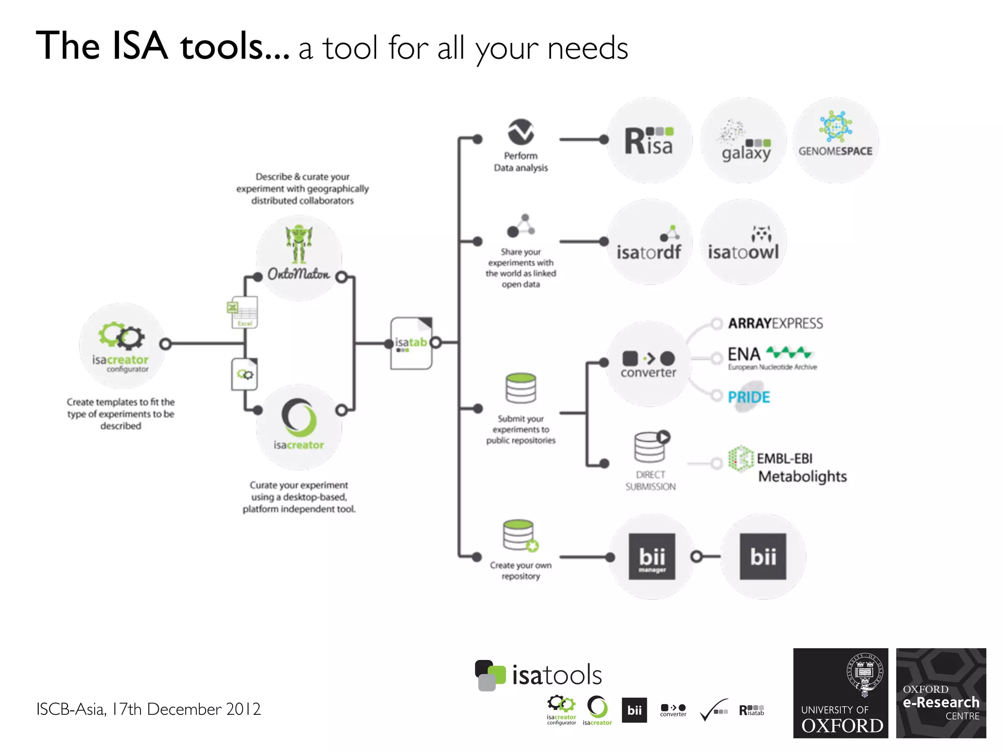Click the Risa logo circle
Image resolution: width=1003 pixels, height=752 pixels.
click(x=649, y=141)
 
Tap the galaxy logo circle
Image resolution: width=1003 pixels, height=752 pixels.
click(x=743, y=141)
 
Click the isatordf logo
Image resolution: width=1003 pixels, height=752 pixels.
click(x=649, y=242)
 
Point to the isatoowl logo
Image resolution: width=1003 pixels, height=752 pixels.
click(x=743, y=242)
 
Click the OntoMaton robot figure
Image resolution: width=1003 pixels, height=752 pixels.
click(x=299, y=244)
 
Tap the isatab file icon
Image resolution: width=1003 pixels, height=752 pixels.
click(x=411, y=343)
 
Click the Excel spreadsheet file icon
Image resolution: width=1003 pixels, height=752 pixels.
click(x=244, y=312)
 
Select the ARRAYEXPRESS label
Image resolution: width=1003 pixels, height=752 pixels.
click(x=775, y=323)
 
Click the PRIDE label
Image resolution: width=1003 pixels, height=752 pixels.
click(x=749, y=397)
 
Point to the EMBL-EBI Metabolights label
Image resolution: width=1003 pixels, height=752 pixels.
click(x=801, y=467)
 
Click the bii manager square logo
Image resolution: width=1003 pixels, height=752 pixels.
click(x=652, y=557)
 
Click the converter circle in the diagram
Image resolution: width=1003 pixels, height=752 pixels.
click(x=648, y=364)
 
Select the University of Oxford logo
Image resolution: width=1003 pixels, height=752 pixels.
click(x=840, y=693)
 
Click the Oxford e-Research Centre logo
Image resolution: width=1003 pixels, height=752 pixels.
click(x=941, y=693)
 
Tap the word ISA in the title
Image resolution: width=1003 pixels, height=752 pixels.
click(x=140, y=46)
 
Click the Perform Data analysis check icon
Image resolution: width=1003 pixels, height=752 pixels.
click(x=521, y=132)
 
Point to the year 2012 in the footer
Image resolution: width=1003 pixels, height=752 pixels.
click(x=243, y=709)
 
